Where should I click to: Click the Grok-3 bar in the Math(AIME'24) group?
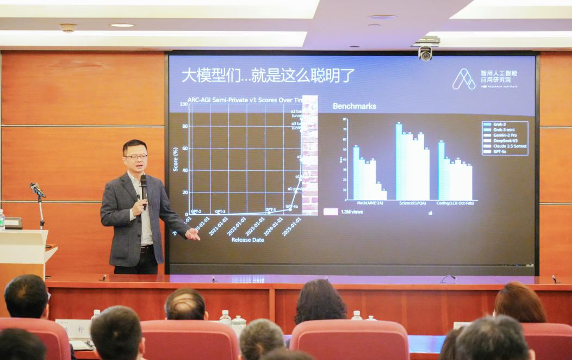click(x=356, y=173)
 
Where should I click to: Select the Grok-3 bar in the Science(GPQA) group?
click(x=399, y=162)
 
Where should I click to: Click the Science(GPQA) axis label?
click(x=412, y=203)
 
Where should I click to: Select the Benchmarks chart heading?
click(x=355, y=106)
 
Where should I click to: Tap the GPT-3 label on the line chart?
click(x=220, y=211)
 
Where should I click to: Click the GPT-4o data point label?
click(x=292, y=207)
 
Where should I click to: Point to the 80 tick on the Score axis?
click(x=185, y=127)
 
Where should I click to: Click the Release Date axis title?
click(x=247, y=240)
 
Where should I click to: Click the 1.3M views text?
click(x=351, y=212)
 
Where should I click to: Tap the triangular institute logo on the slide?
click(x=464, y=79)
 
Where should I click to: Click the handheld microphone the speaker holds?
click(x=144, y=188)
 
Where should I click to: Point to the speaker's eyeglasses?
click(x=135, y=157)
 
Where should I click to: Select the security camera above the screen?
click(x=425, y=53)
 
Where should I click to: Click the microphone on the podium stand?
click(x=37, y=190)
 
